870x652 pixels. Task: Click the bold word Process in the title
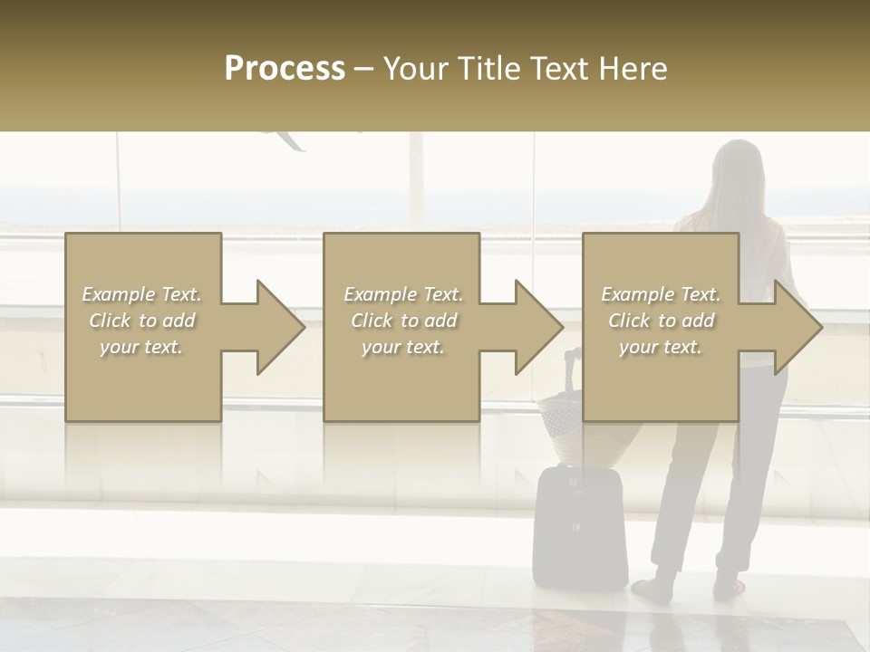pyautogui.click(x=285, y=69)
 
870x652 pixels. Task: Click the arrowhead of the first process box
pyautogui.click(x=280, y=327)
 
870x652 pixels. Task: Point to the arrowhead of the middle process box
pyautogui.click(x=538, y=327)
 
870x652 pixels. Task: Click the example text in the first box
pyautogui.click(x=141, y=321)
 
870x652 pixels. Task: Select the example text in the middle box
pyautogui.click(x=402, y=321)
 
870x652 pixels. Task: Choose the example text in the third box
pyautogui.click(x=661, y=321)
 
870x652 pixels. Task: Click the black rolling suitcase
pyautogui.click(x=580, y=525)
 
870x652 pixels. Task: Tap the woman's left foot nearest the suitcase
pyautogui.click(x=654, y=590)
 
